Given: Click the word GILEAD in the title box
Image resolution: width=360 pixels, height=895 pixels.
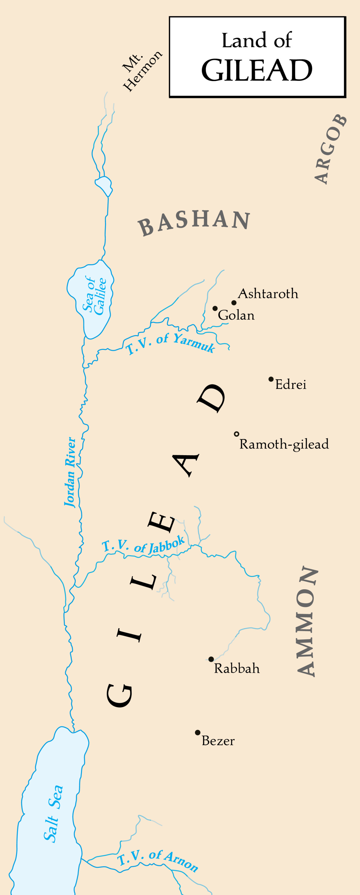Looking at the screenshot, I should click(257, 70).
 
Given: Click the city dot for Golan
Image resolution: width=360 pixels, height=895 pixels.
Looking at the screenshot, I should click(215, 308).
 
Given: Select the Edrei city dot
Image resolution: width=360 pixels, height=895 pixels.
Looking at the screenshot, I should click(271, 379).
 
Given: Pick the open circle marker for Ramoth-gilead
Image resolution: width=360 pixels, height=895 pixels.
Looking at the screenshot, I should click(237, 434).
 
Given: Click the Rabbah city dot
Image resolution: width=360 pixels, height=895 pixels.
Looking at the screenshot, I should click(211, 659).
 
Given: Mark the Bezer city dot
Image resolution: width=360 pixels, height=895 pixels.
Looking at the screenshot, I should click(197, 732).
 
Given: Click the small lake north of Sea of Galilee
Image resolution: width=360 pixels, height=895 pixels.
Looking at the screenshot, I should click(104, 185).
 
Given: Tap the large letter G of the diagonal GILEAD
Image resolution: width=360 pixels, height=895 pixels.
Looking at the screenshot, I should click(119, 695).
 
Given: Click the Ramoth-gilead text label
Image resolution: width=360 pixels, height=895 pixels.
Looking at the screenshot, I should click(284, 444).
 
